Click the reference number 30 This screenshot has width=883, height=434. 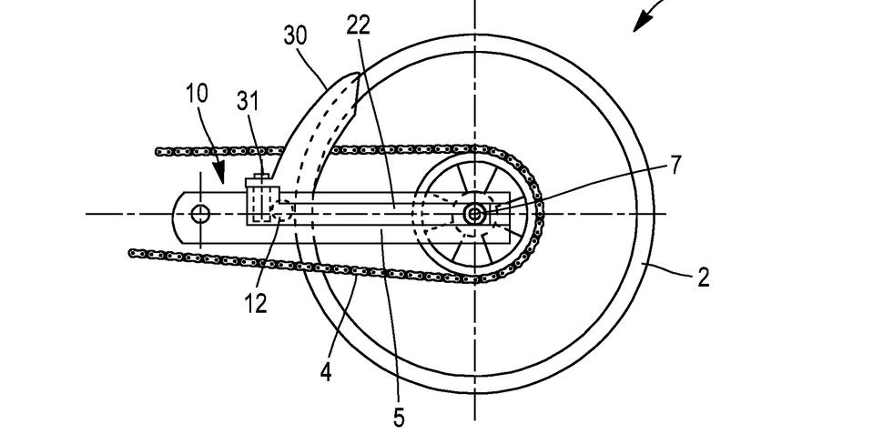coord(296,36)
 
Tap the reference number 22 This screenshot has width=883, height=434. coord(358,25)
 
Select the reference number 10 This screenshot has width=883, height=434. coord(197,94)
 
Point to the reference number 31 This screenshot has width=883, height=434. coord(248,101)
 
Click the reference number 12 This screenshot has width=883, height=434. coord(256,303)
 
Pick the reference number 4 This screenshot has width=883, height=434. coord(326,372)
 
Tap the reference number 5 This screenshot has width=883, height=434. coord(399,417)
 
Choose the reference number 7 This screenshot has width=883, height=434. coord(675,165)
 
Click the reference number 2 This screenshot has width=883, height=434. coord(704,278)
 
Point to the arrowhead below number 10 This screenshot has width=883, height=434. coord(221,174)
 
